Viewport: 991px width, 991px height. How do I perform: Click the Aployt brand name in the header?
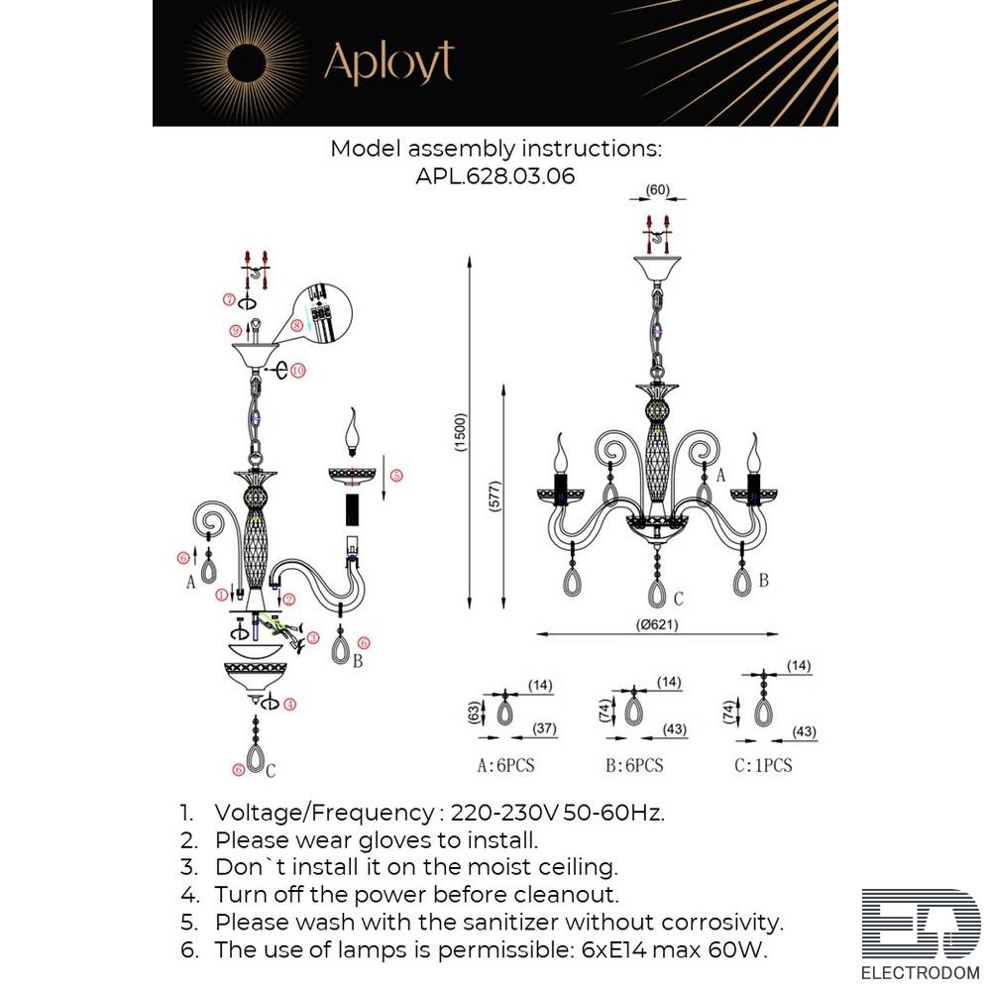(x=388, y=63)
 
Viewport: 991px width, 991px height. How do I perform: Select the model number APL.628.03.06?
(x=495, y=176)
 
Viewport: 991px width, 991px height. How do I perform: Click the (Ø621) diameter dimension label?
(x=655, y=624)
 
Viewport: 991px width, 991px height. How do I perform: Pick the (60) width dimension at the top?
(x=657, y=189)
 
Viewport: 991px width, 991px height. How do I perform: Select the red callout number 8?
(x=296, y=325)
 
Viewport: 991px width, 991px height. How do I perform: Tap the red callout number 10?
(x=297, y=371)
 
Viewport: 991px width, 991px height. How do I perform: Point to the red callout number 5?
(x=395, y=476)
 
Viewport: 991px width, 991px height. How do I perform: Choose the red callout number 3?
(x=313, y=638)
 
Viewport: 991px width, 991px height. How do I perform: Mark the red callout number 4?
(x=289, y=706)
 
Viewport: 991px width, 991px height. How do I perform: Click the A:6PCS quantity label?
(x=505, y=765)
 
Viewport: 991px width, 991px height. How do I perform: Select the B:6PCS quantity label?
(x=633, y=765)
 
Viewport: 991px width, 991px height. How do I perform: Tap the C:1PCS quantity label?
(x=763, y=765)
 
